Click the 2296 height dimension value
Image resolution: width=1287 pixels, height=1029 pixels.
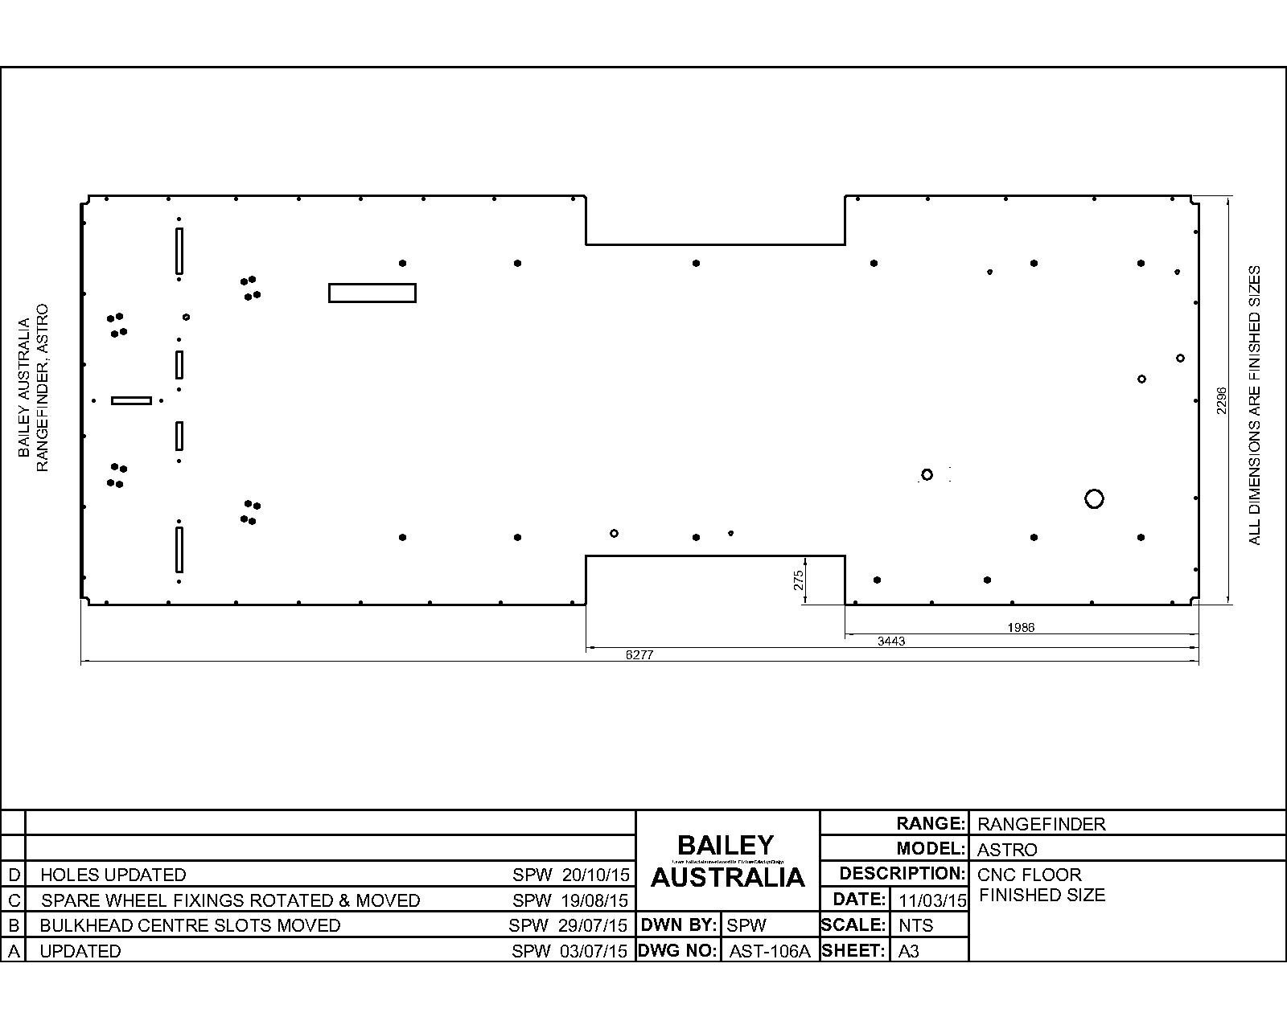(1221, 400)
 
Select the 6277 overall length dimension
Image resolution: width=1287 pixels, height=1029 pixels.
(639, 655)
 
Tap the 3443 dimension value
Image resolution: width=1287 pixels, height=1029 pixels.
(890, 642)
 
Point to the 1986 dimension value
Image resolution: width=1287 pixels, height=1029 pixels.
(1021, 628)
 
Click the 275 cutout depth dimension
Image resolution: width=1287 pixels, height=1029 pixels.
(799, 580)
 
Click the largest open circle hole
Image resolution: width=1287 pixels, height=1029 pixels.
(1093, 499)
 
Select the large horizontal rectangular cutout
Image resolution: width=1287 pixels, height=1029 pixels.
(372, 293)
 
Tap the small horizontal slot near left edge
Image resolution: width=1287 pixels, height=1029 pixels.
(131, 400)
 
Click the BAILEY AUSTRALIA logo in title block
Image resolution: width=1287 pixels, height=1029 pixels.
(727, 861)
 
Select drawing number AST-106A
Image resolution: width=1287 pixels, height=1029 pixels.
(769, 951)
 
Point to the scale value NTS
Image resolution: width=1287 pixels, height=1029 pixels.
(915, 925)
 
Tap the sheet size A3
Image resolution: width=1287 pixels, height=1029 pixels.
(908, 951)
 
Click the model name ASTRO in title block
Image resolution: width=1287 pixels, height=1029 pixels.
(1007, 850)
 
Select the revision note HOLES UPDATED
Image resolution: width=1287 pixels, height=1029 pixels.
(113, 875)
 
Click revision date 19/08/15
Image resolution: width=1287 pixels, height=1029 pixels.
(595, 900)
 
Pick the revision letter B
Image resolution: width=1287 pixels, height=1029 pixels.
(13, 925)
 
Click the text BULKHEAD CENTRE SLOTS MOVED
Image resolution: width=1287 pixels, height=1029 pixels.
(190, 925)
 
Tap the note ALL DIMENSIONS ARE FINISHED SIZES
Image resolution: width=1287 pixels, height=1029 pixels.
(1255, 406)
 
